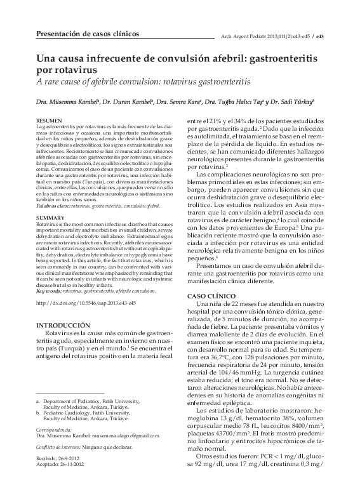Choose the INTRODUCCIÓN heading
point(68,325)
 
